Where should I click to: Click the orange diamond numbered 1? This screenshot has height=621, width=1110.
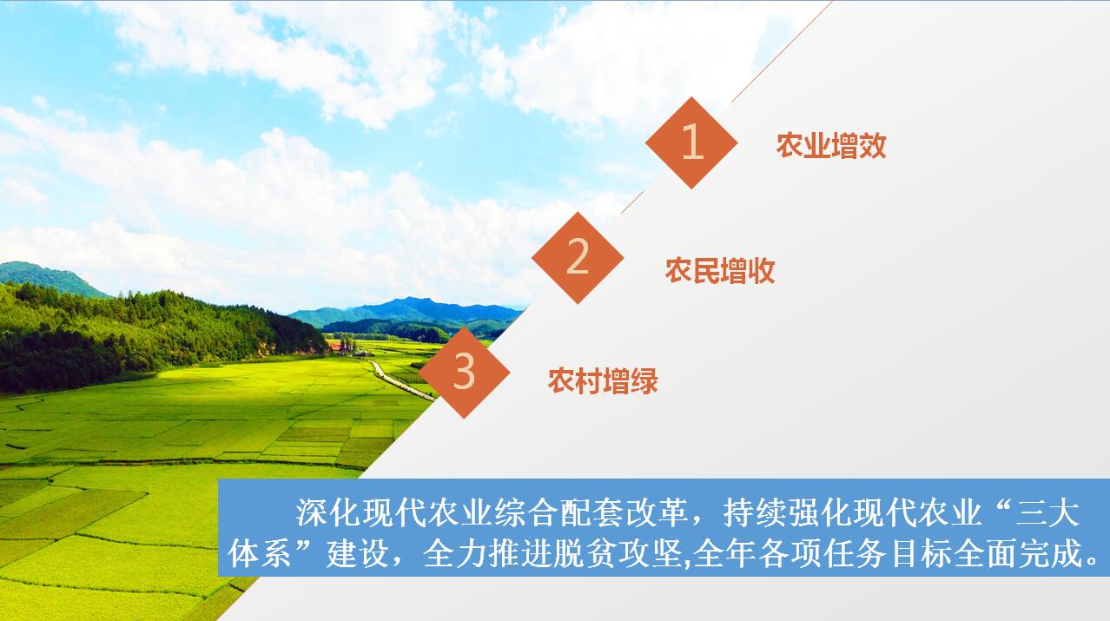click(691, 142)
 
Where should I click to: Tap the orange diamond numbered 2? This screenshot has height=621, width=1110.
click(578, 258)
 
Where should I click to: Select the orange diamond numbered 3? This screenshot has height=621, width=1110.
click(464, 373)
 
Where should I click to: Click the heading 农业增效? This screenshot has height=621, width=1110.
click(831, 146)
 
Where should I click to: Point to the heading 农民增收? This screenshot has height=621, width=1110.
click(720, 271)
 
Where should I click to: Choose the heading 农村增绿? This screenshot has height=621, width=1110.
click(603, 380)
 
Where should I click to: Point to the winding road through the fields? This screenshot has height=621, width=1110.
click(401, 380)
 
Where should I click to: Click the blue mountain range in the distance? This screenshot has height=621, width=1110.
click(406, 312)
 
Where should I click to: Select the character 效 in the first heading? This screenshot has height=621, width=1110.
click(873, 146)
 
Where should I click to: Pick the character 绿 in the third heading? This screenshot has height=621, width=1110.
click(644, 380)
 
